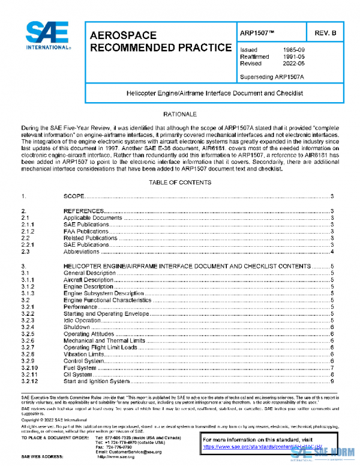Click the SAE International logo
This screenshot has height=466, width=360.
49,36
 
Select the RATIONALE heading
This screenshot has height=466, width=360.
180,113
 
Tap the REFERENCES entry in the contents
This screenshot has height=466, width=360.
84,211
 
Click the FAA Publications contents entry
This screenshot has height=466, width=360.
86,231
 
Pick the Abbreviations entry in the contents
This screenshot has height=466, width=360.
83,252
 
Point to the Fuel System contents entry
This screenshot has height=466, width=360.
80,368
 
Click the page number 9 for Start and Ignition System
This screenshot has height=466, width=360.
332,381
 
